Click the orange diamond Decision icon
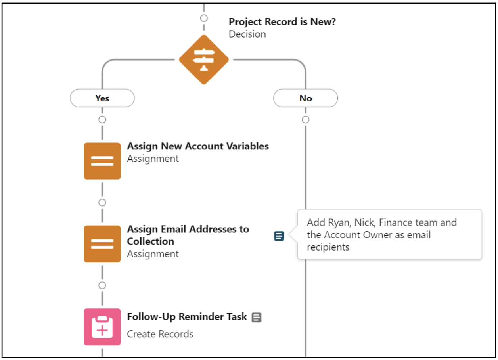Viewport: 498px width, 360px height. tap(204, 60)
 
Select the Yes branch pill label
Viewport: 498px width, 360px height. tap(102, 98)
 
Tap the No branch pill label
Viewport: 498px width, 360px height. tap(305, 98)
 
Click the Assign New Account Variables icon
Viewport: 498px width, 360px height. tap(102, 161)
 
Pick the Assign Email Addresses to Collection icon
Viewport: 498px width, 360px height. tap(102, 244)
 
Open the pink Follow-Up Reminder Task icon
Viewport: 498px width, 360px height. tap(102, 327)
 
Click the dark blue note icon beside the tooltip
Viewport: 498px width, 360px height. tap(279, 236)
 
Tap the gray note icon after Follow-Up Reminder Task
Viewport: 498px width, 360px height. tap(257, 318)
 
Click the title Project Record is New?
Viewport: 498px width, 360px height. tap(282, 22)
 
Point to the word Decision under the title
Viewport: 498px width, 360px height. tap(247, 34)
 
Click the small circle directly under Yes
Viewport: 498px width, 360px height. tap(102, 120)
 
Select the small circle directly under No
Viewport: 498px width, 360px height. tap(305, 120)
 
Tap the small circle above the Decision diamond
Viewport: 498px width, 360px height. tap(204, 18)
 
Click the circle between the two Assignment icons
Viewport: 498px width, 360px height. tap(102, 203)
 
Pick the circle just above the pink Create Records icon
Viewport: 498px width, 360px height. tap(102, 285)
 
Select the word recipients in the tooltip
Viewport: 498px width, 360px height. tap(328, 247)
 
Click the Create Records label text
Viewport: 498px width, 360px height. tap(160, 334)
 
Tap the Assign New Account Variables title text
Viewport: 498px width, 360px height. tap(197, 146)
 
